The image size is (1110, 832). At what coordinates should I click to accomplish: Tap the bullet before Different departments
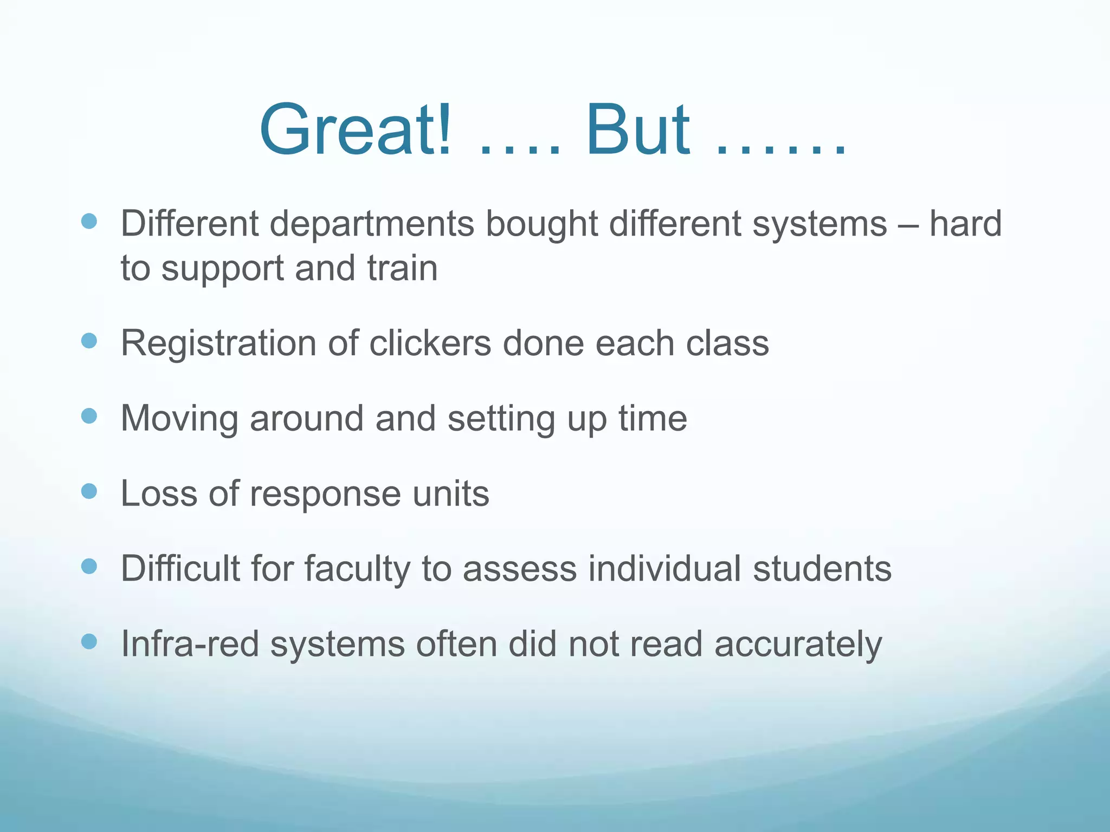[x=89, y=221]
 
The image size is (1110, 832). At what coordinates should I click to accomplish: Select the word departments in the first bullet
[x=372, y=224]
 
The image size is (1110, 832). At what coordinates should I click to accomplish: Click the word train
[x=402, y=269]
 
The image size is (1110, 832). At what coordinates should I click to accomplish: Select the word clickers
[x=430, y=343]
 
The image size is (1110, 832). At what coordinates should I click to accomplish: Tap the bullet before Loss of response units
[x=89, y=491]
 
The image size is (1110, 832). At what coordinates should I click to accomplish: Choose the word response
[x=325, y=495]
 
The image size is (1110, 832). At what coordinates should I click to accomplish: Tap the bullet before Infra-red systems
[x=89, y=642]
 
